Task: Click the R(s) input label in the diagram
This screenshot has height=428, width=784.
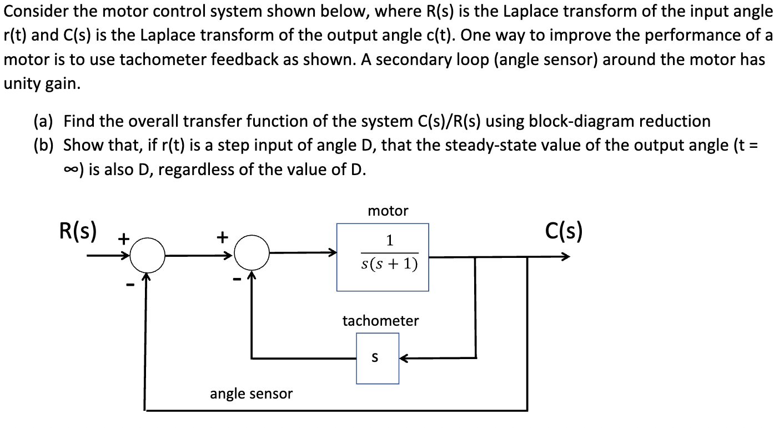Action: point(78,231)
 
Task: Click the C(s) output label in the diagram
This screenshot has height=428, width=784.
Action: point(564,231)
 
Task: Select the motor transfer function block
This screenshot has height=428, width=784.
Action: point(383,257)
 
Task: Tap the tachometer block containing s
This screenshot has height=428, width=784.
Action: point(378,358)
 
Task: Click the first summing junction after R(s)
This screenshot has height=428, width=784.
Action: point(148,256)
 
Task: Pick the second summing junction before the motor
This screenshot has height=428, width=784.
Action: point(252,255)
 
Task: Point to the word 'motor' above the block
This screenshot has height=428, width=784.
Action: point(388,211)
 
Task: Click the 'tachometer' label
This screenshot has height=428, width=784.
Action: point(380,321)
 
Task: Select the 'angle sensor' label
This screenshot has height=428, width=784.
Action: point(251,394)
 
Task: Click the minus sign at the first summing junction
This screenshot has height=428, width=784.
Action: point(129,286)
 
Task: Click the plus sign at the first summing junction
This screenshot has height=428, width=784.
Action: point(123,238)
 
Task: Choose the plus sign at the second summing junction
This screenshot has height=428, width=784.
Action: point(222,237)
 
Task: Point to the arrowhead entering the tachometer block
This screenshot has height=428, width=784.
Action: point(404,358)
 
